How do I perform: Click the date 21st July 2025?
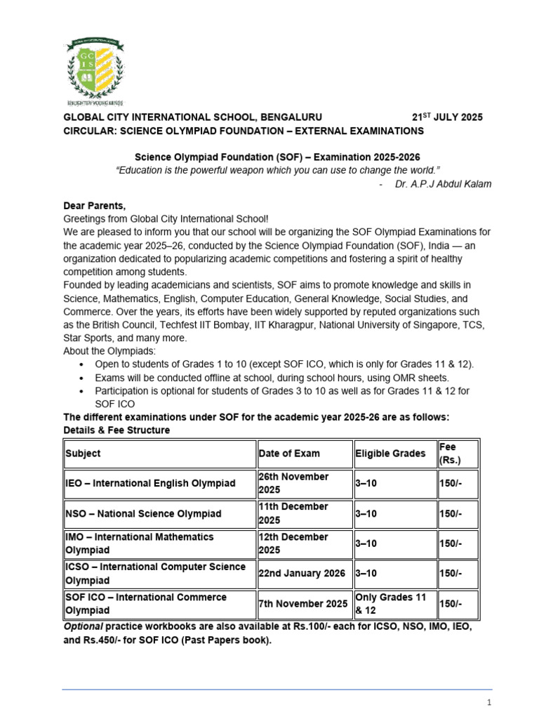coord(446,117)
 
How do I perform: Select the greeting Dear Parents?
coord(95,206)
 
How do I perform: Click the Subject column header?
coord(83,454)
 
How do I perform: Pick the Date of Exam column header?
coord(289,454)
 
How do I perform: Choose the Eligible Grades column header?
coord(390,454)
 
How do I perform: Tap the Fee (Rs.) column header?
coord(450,454)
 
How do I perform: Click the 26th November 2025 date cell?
coord(293,483)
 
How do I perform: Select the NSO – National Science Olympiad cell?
coord(143,514)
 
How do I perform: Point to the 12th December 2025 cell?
coord(293,543)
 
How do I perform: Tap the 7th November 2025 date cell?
coord(302,604)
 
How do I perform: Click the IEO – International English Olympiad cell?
coord(150,484)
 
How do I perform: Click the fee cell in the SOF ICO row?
coord(451,604)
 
